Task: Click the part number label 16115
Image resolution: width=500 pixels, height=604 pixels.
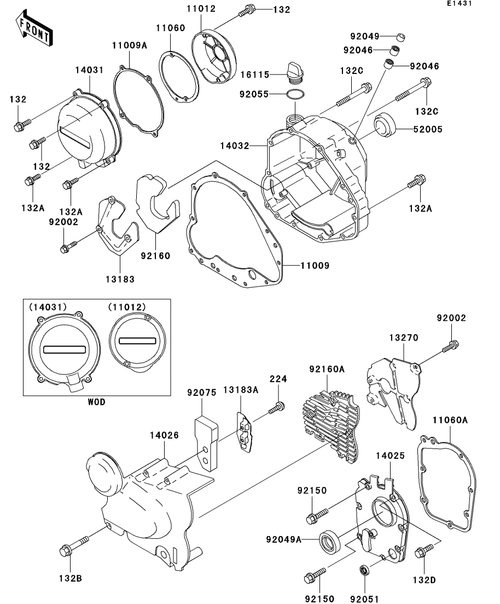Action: (x=255, y=74)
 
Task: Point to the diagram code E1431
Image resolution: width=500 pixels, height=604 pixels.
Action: (x=459, y=3)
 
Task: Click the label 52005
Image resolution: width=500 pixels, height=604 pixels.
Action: (x=428, y=129)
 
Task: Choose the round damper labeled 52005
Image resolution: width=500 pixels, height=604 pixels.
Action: (x=385, y=124)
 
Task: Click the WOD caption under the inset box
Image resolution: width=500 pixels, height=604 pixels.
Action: (x=96, y=402)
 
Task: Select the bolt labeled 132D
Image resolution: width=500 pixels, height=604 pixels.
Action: (x=425, y=550)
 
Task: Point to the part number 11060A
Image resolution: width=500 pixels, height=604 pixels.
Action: (x=450, y=420)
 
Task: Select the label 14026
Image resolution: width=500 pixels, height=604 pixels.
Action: (x=164, y=435)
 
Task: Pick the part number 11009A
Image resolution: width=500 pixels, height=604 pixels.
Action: (x=130, y=45)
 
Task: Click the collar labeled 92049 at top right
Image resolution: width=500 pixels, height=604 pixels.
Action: (x=401, y=37)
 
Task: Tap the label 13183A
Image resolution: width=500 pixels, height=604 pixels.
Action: (x=241, y=390)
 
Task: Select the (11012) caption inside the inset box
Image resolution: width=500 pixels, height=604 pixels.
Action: (x=127, y=307)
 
